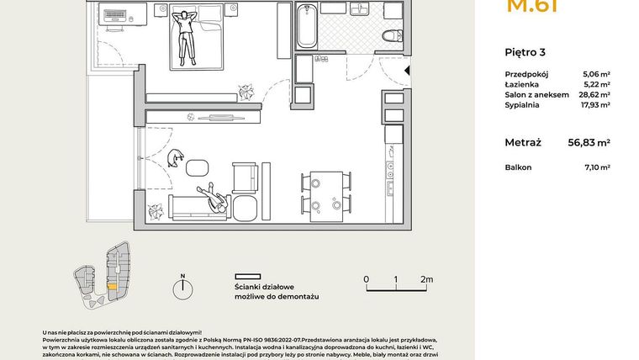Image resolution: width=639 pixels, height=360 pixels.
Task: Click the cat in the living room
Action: [177, 157]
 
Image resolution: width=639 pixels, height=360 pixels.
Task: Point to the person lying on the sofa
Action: [214, 199]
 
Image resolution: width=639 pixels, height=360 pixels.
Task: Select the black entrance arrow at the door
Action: [408, 72]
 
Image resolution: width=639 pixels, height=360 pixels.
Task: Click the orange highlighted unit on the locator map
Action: [112, 286]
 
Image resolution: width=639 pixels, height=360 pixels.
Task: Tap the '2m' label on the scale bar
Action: [425, 279]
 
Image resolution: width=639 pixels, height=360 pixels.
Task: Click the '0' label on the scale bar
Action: [366, 279]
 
